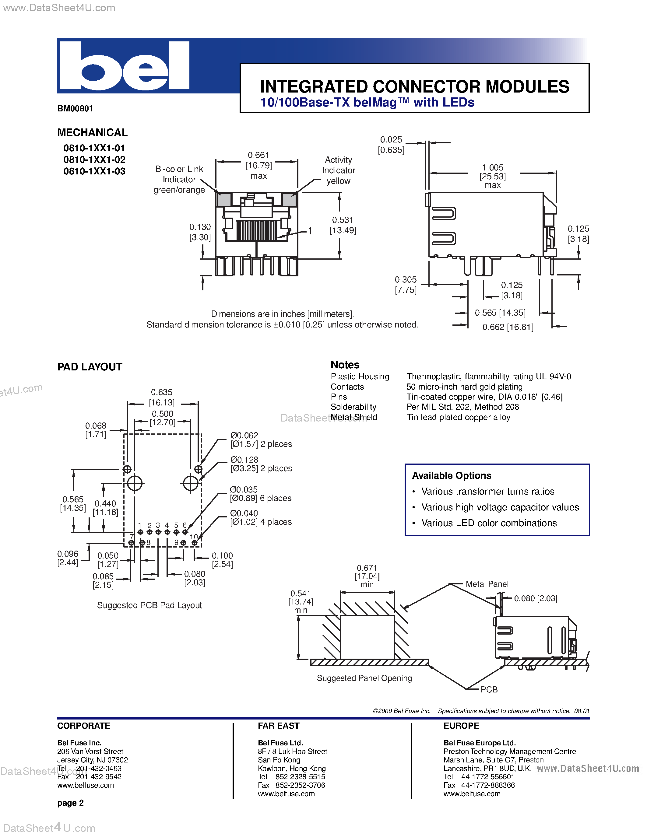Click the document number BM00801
click(75, 108)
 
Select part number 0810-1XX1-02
click(94, 159)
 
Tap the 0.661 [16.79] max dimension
click(259, 165)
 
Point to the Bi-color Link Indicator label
click(179, 179)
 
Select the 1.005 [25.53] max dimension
click(493, 176)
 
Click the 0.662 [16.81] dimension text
click(508, 327)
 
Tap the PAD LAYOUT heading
click(90, 367)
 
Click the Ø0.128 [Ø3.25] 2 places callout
click(261, 464)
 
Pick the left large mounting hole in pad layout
click(135, 483)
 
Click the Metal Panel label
click(487, 584)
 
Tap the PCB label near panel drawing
click(489, 689)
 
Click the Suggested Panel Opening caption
click(364, 678)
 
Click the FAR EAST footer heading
click(278, 726)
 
